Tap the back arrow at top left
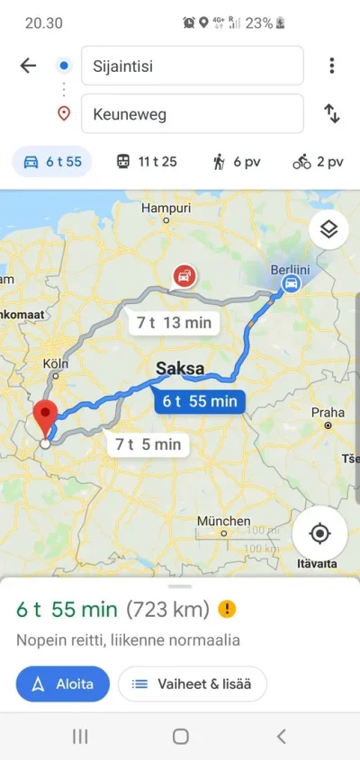coord(28,66)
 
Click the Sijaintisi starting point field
coord(192,66)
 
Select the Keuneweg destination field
coord(192,114)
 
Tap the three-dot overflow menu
coord(332,66)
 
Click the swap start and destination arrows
coord(332,114)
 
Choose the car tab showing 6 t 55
coord(52,163)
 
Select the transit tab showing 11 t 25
coord(146,163)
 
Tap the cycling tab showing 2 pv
coord(318,163)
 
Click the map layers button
coord(328,229)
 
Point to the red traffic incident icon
coord(184,275)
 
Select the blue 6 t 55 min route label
coord(200,401)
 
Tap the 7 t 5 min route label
coord(147,443)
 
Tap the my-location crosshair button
coord(319,533)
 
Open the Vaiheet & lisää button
coord(192,684)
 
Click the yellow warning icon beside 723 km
coord(228,609)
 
